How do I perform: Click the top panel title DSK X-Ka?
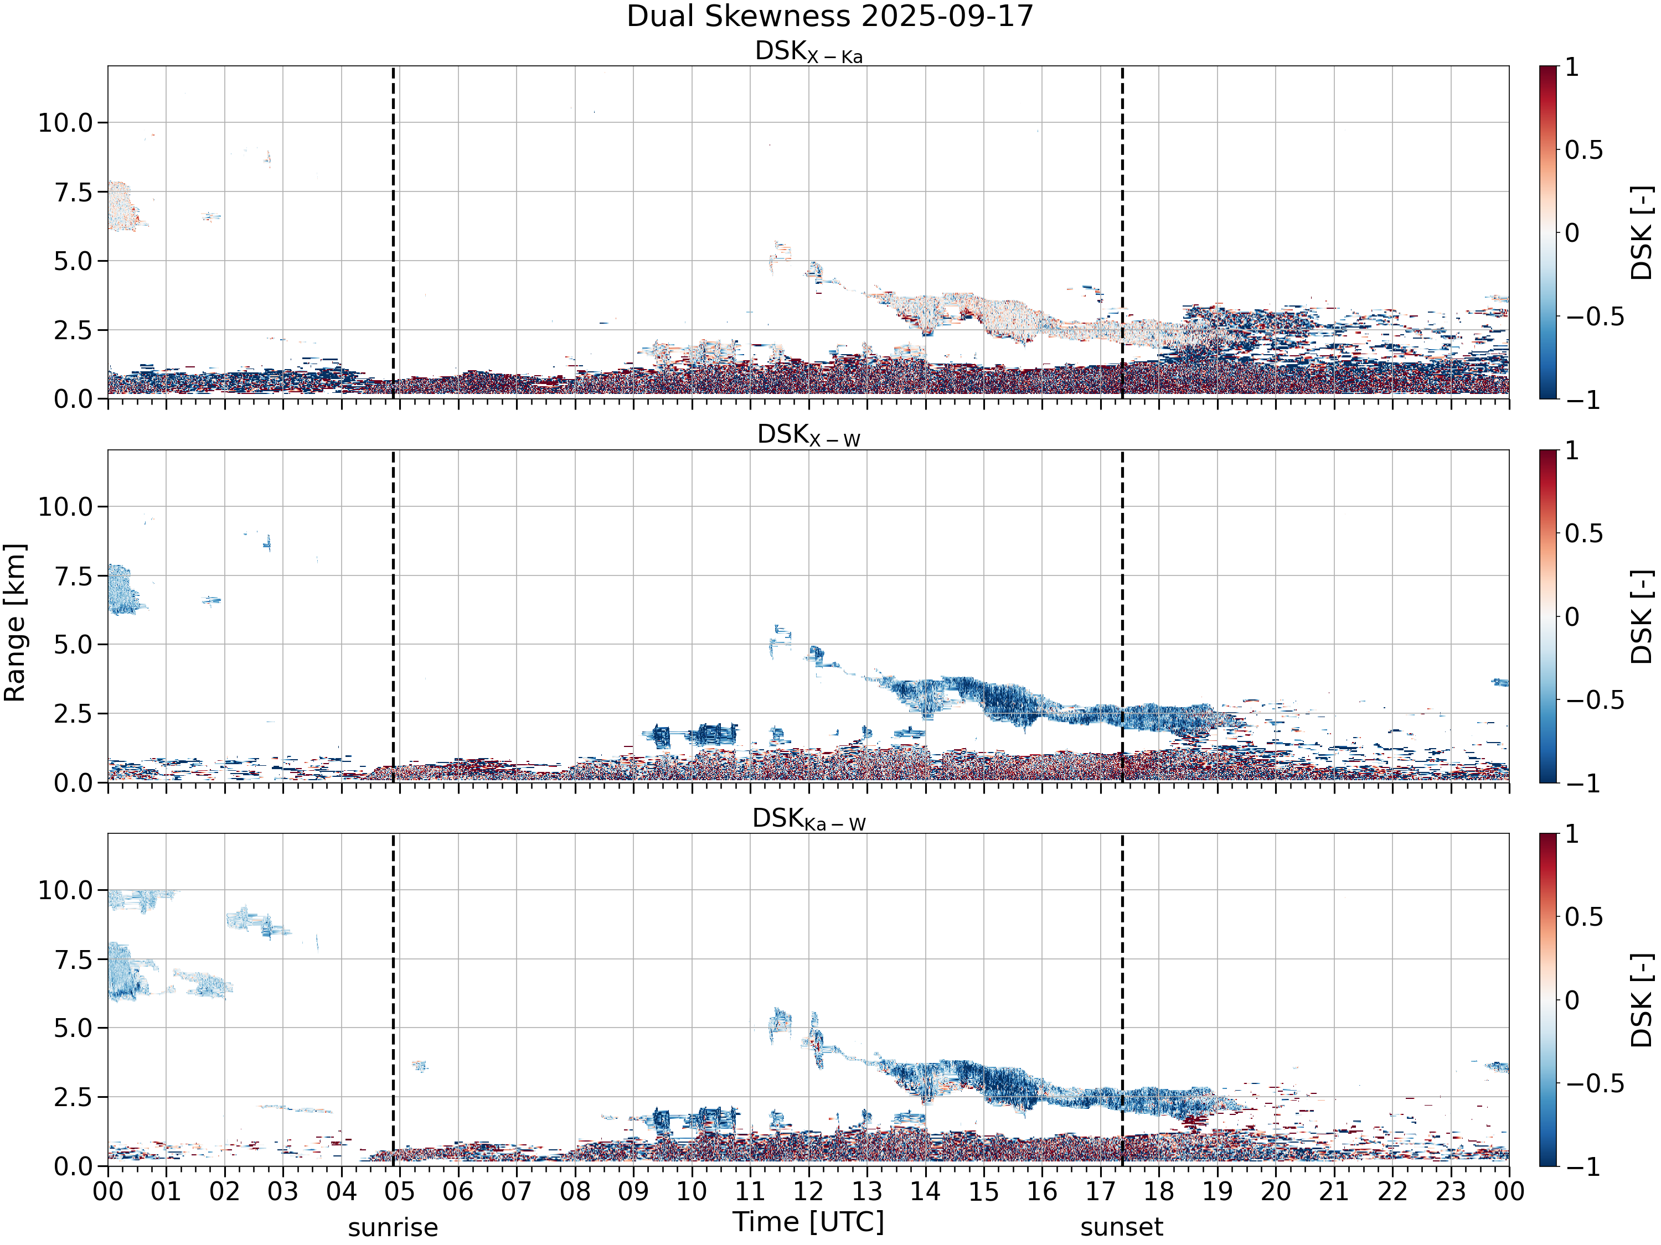(x=809, y=52)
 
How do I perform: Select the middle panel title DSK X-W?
(x=809, y=435)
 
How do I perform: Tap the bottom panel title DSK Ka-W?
(x=809, y=819)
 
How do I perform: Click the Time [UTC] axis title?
(x=809, y=1222)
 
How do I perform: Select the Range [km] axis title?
(x=14, y=622)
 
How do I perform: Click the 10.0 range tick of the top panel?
(x=65, y=122)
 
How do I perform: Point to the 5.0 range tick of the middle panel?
(x=74, y=645)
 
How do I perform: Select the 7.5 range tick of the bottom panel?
(x=74, y=959)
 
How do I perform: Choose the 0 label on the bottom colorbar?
(x=1572, y=1000)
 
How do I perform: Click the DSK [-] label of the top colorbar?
(x=1642, y=232)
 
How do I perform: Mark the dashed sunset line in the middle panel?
(x=1122, y=616)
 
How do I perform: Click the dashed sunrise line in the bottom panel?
(x=393, y=1000)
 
